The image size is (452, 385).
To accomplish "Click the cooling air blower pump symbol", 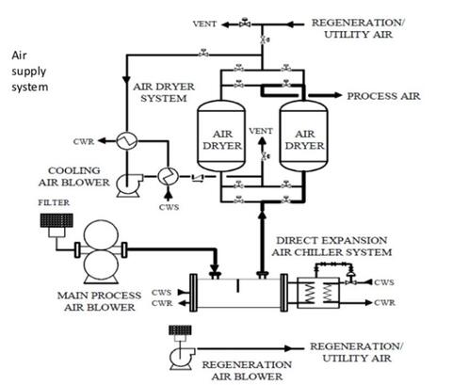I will click(x=128, y=187).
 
